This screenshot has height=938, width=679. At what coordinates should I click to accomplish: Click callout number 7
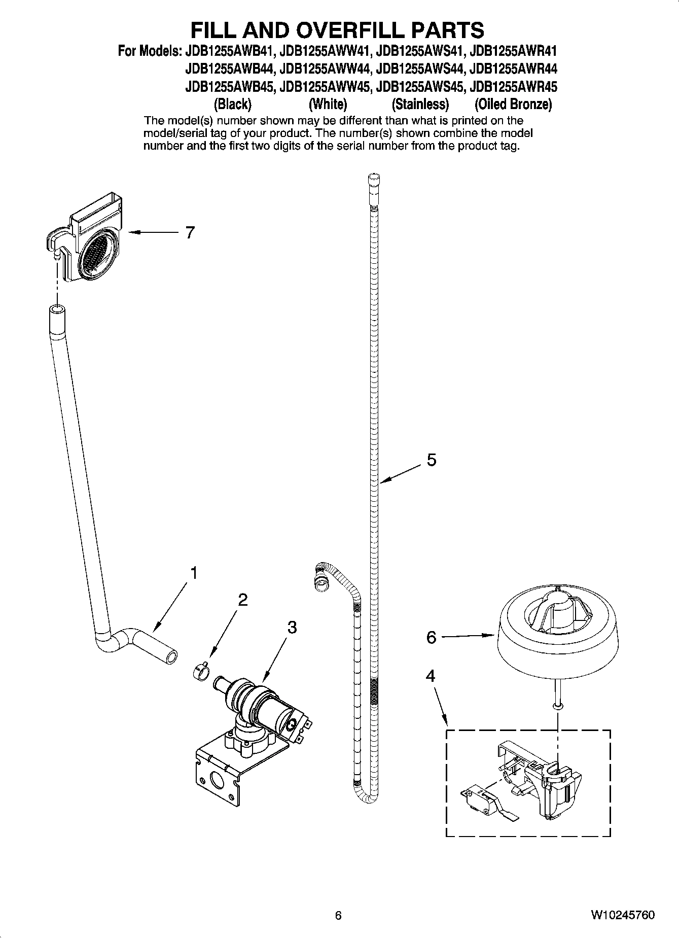(x=189, y=233)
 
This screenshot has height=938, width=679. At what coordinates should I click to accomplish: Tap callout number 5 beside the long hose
(x=431, y=460)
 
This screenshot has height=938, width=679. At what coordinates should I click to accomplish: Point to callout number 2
(x=243, y=600)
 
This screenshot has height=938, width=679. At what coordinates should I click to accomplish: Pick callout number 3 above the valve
(x=292, y=628)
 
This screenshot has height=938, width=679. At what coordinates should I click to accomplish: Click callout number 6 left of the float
(x=431, y=637)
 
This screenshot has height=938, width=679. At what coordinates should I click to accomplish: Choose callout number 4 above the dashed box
(x=430, y=676)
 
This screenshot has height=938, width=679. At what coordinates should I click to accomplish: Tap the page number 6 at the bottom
(x=338, y=915)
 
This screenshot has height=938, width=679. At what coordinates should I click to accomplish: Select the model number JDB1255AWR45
(x=513, y=87)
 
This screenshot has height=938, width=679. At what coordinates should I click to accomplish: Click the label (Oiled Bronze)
(x=513, y=105)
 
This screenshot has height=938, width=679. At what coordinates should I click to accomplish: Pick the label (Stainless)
(x=420, y=105)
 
